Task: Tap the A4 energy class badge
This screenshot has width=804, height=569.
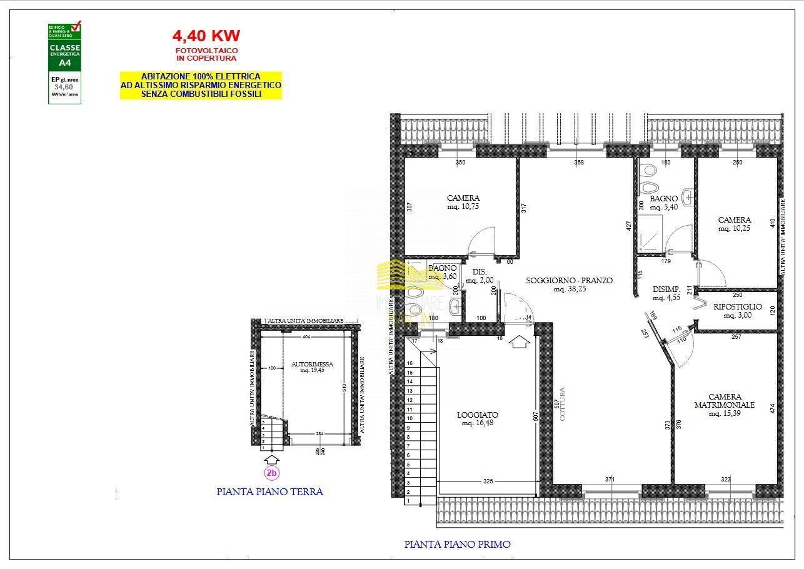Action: pyautogui.click(x=64, y=63)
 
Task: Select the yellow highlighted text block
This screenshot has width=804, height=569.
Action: pyautogui.click(x=201, y=85)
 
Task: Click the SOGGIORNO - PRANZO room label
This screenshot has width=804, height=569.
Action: pyautogui.click(x=569, y=281)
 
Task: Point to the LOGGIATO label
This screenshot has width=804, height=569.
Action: pyautogui.click(x=478, y=415)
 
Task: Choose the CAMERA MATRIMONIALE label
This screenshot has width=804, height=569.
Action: pyautogui.click(x=725, y=401)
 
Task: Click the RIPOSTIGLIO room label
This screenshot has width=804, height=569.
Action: pyautogui.click(x=738, y=306)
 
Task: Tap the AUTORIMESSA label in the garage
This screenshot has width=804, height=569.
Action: pyautogui.click(x=312, y=364)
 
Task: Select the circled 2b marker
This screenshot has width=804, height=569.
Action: pyautogui.click(x=271, y=473)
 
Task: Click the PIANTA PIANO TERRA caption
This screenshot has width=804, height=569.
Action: pyautogui.click(x=269, y=492)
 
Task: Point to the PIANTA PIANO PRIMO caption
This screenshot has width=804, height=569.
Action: pyautogui.click(x=457, y=545)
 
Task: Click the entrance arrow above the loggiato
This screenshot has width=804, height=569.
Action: pyautogui.click(x=519, y=343)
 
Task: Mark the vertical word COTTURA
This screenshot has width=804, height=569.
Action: pyautogui.click(x=562, y=404)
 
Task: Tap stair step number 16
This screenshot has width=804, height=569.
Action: pyautogui.click(x=410, y=363)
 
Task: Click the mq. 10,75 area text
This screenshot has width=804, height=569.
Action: pyautogui.click(x=463, y=206)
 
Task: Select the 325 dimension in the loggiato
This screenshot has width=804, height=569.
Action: pyautogui.click(x=488, y=481)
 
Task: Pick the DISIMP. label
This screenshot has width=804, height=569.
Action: pyautogui.click(x=666, y=289)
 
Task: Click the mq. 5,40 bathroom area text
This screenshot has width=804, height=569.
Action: pyautogui.click(x=663, y=207)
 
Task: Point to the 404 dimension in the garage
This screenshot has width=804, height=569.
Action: pyautogui.click(x=306, y=337)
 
